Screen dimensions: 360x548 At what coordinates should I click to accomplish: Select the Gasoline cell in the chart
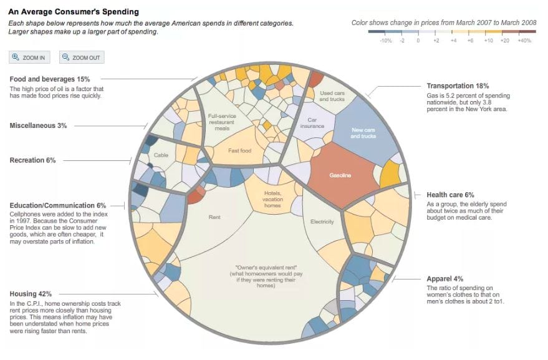pyautogui.click(x=340, y=175)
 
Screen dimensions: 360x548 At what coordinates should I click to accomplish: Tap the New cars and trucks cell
pyautogui.click(x=363, y=132)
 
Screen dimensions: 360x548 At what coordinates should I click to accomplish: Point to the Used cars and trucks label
pyautogui.click(x=333, y=95)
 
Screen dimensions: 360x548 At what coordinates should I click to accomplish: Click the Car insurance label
pyautogui.click(x=312, y=122)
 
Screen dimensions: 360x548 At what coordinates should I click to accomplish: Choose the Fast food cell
pyautogui.click(x=239, y=150)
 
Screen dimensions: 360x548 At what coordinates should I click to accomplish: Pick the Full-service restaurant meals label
pyautogui.click(x=223, y=122)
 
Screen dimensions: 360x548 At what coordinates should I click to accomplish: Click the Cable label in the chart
pyautogui.click(x=161, y=155)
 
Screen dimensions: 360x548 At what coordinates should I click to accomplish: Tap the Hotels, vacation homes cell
pyautogui.click(x=272, y=199)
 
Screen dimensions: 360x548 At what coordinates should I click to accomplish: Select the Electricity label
pyautogui.click(x=322, y=221)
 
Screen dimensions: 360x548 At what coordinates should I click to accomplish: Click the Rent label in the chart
pyautogui.click(x=215, y=218)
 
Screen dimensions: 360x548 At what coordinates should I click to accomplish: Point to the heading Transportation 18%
pyautogui.click(x=458, y=85)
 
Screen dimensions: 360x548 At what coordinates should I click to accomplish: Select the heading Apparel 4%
pyautogui.click(x=445, y=279)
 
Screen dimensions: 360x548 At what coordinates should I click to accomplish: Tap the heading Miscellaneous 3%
pyautogui.click(x=38, y=125)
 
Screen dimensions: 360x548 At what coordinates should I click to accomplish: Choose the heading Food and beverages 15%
pyautogui.click(x=50, y=79)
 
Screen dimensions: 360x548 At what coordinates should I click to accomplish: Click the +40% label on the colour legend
pyautogui.click(x=524, y=40)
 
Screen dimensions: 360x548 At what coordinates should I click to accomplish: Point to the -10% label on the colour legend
pyautogui.click(x=386, y=40)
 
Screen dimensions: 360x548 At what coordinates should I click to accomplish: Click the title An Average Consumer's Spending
pyautogui.click(x=74, y=12)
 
